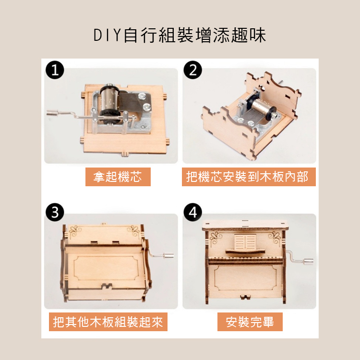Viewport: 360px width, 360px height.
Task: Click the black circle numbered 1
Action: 55,70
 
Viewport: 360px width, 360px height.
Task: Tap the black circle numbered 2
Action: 193,70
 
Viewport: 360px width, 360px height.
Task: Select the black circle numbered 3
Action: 55,212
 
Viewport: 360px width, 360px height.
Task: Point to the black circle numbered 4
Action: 193,212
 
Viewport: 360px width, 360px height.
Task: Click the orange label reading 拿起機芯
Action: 118,177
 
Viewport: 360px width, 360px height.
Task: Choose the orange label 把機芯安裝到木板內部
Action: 249,177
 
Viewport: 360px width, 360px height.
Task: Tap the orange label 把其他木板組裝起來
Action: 108,322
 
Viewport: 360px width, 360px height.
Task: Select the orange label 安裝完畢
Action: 250,322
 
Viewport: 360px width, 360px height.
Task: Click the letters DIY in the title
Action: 107,36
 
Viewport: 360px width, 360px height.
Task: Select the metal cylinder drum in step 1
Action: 110,99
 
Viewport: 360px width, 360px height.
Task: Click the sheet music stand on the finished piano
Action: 245,243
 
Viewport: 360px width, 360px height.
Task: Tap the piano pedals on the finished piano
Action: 245,297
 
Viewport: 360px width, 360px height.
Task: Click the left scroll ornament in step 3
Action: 75,229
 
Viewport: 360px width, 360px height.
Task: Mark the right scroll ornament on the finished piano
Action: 274,236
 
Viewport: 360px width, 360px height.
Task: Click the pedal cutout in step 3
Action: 107,286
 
